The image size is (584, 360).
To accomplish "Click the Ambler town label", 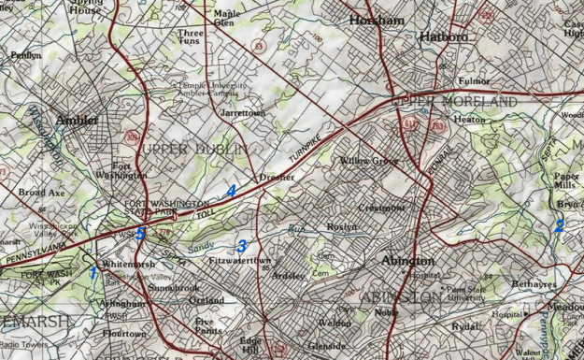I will pyautogui.click(x=77, y=120).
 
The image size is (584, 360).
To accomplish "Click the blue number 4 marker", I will pyautogui.click(x=230, y=190).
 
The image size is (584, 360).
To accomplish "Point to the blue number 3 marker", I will pyautogui.click(x=242, y=246).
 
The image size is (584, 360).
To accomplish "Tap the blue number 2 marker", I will pyautogui.click(x=560, y=225).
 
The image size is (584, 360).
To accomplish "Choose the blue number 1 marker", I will pyautogui.click(x=93, y=272).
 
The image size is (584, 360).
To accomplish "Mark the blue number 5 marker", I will pyautogui.click(x=141, y=233).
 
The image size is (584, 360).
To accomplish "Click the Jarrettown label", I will pyautogui.click(x=242, y=112).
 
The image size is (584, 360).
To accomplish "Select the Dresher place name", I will pyautogui.click(x=277, y=176).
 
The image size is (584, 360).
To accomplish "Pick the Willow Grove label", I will pyautogui.click(x=369, y=161).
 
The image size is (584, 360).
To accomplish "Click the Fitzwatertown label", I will pyautogui.click(x=240, y=261).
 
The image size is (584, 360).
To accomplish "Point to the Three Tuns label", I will pyautogui.click(x=190, y=37).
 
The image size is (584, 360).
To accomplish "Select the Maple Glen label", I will pyautogui.click(x=224, y=19).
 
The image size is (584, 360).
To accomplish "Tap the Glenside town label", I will pyautogui.click(x=327, y=346).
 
